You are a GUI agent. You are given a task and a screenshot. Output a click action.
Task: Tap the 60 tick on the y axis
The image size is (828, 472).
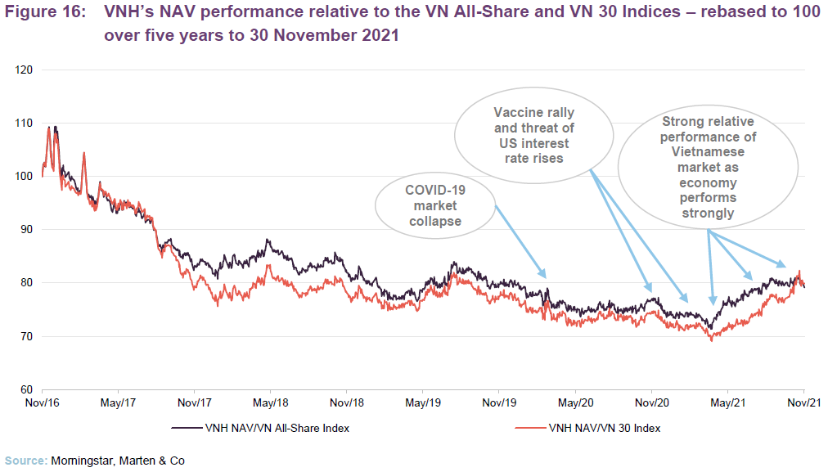(x=25, y=389)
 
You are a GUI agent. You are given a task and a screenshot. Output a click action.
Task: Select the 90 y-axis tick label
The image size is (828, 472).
(x=25, y=230)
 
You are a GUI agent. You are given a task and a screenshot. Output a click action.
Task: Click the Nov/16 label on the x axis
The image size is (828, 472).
(x=43, y=403)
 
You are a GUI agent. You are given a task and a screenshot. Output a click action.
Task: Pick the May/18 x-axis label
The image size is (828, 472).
(x=271, y=403)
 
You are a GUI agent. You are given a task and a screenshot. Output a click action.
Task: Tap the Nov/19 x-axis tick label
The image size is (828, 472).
(x=499, y=403)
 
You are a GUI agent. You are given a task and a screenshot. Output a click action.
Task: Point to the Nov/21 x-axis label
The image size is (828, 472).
(x=803, y=403)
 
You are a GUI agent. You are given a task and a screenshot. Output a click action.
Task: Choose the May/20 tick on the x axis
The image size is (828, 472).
(x=575, y=403)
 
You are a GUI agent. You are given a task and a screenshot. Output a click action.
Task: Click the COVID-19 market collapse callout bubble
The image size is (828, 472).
(x=435, y=205)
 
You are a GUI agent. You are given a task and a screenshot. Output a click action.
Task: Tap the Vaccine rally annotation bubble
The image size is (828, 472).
(x=533, y=135)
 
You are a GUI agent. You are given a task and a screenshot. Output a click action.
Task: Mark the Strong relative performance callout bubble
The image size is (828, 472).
(x=709, y=168)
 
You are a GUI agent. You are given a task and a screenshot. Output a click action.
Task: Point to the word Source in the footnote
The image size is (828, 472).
(x=25, y=461)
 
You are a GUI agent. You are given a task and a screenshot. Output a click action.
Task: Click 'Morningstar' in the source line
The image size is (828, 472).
(x=87, y=461)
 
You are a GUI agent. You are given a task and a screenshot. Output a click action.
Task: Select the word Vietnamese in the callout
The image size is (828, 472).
(x=709, y=151)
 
